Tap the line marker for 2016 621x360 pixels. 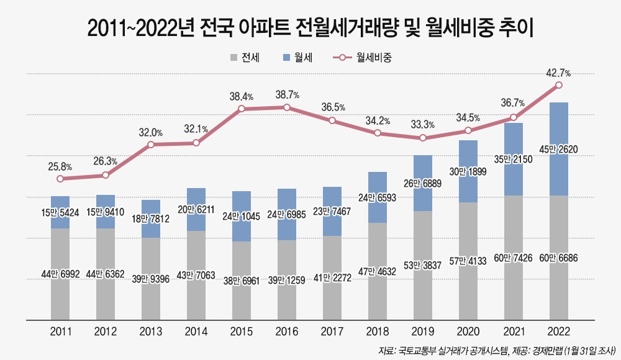[287, 107]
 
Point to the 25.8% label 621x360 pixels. [60, 166]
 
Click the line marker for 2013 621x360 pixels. [151, 145]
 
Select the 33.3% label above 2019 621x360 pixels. [423, 125]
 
